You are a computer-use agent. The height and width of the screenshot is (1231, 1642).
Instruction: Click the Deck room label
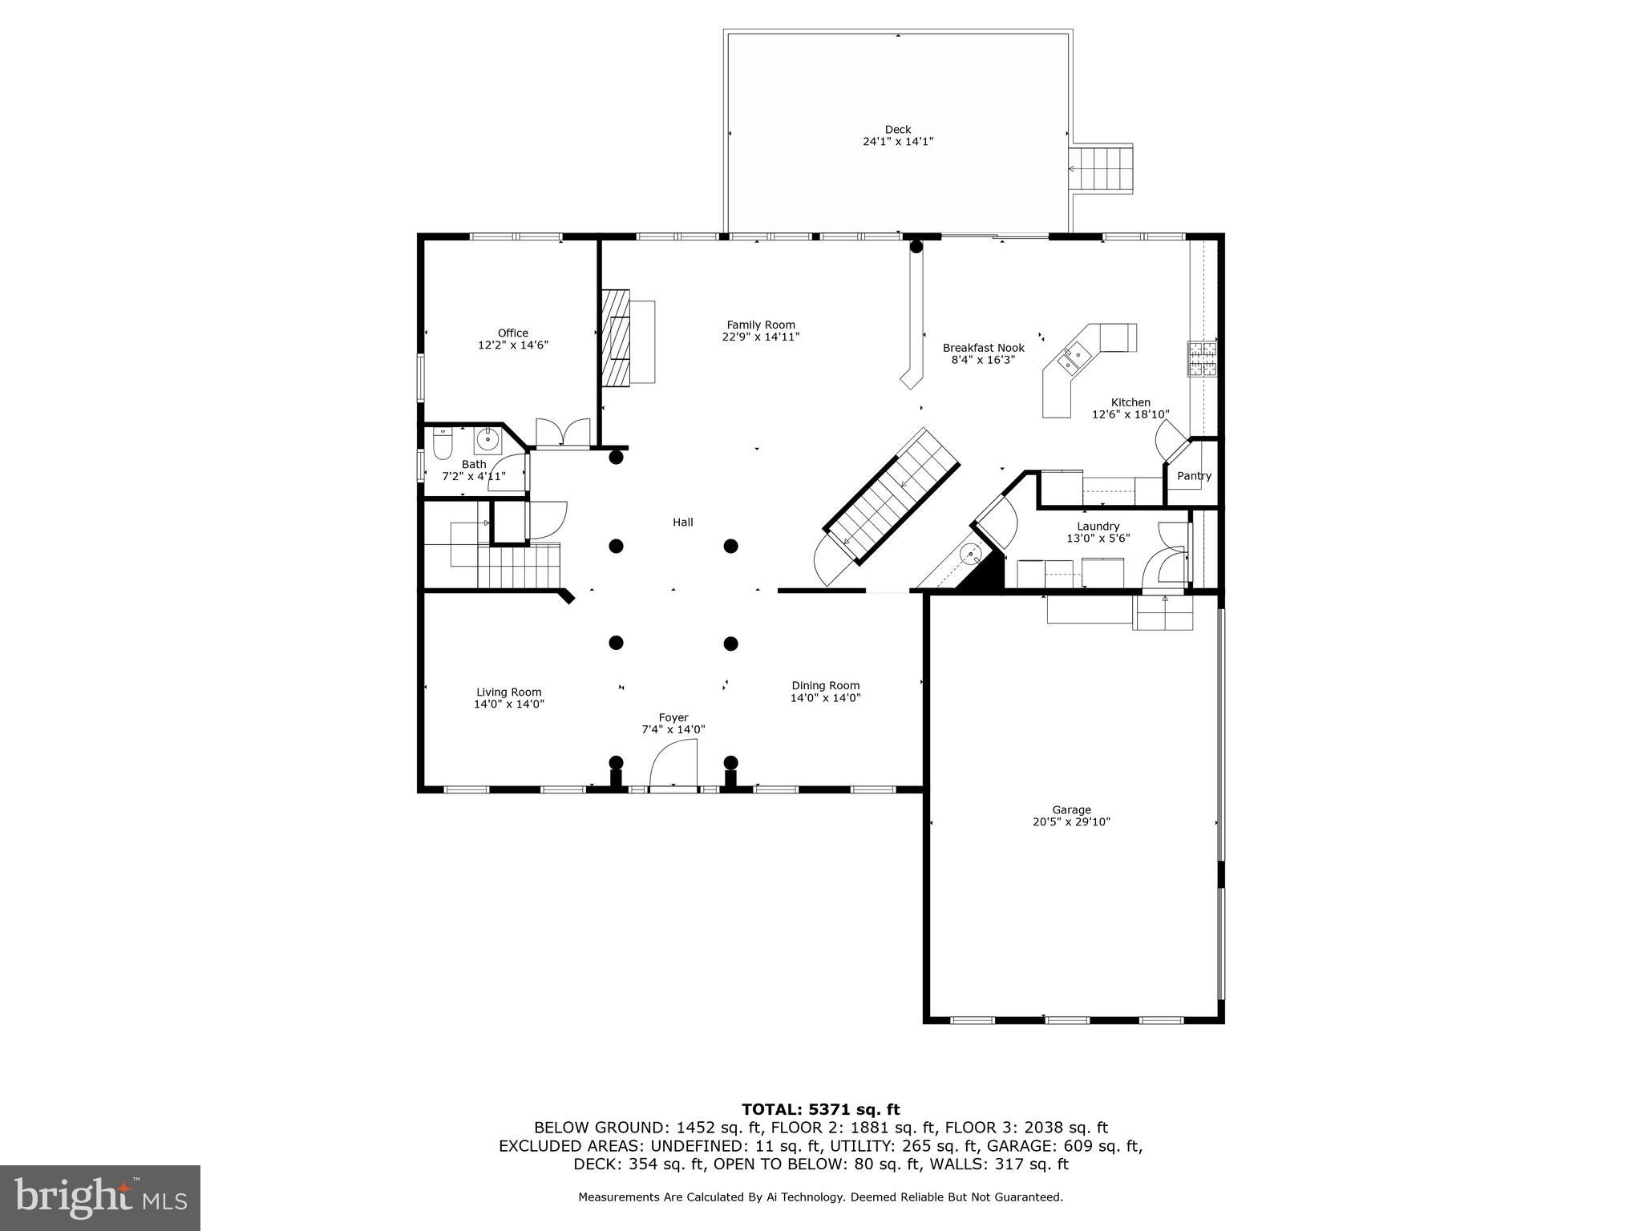click(897, 129)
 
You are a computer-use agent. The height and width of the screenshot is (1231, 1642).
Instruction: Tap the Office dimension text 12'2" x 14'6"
click(513, 345)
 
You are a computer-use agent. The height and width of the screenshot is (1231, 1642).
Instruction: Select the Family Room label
click(761, 325)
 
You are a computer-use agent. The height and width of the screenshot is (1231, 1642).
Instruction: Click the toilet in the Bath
click(443, 444)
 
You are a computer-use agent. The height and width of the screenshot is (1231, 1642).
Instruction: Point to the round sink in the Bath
click(487, 438)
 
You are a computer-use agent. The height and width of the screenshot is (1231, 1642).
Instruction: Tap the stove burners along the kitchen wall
click(1201, 358)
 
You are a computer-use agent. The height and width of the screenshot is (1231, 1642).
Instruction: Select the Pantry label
click(1194, 476)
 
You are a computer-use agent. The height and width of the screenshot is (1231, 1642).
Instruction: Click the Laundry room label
click(1098, 527)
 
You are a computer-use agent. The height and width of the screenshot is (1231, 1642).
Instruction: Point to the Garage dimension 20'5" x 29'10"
click(1071, 821)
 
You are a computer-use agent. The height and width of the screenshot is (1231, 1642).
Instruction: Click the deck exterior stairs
click(1102, 168)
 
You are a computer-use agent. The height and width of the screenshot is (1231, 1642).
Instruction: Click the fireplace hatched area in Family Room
click(617, 337)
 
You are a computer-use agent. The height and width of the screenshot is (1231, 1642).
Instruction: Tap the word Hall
click(682, 523)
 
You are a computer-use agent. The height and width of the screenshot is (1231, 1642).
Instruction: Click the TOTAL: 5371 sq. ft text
click(820, 1109)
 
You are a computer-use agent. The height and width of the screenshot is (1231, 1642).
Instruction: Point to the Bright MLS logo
click(100, 1197)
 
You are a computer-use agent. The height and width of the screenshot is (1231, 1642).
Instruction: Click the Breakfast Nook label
click(983, 348)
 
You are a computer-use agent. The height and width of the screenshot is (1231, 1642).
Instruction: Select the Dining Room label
click(825, 685)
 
